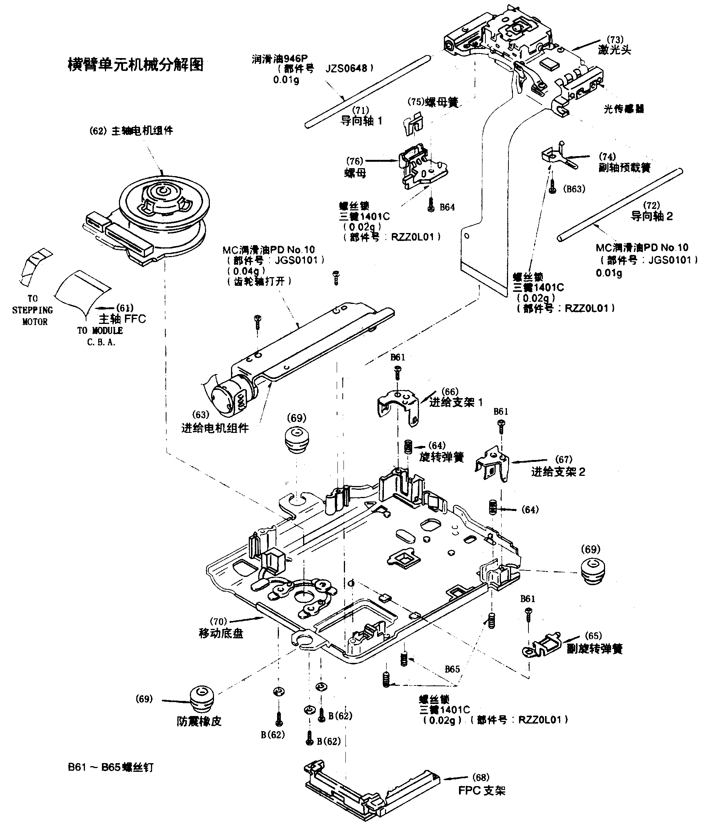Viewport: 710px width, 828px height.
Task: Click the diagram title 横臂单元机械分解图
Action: [136, 64]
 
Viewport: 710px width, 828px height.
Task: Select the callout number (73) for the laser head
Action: [615, 40]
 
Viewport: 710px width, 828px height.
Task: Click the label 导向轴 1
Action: [361, 121]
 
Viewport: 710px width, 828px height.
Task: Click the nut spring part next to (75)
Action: [413, 124]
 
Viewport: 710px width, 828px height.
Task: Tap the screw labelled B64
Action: [431, 206]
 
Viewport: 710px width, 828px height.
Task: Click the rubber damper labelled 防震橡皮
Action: [201, 699]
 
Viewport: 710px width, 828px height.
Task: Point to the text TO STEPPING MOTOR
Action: [33, 310]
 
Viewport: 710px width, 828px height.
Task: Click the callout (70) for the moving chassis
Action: [219, 621]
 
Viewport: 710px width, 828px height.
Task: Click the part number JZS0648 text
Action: [346, 68]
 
